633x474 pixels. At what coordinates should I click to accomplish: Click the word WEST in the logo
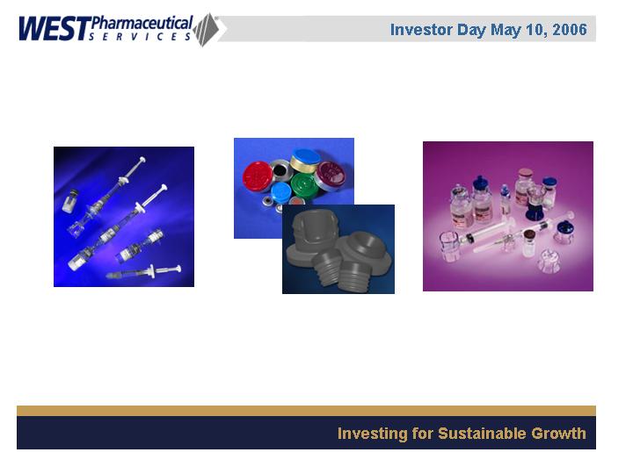click(x=54, y=29)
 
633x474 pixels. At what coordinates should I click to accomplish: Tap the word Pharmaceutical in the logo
click(x=142, y=23)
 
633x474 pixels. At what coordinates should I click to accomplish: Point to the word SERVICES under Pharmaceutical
click(x=140, y=37)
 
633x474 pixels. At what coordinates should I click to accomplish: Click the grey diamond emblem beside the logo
click(x=207, y=30)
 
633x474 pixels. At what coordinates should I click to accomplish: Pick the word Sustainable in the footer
click(x=482, y=434)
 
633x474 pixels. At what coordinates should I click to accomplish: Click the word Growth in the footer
click(x=558, y=434)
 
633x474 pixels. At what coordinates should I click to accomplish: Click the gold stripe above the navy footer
click(x=306, y=411)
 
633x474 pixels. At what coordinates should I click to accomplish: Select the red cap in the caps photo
click(x=258, y=176)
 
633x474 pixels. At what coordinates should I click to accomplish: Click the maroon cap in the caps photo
click(x=331, y=174)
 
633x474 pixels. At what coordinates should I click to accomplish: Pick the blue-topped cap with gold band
click(x=305, y=161)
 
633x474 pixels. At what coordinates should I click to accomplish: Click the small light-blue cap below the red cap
click(x=281, y=192)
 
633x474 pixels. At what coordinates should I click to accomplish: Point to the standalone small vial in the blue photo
click(x=70, y=201)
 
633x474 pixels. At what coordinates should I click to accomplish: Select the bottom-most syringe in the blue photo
click(x=143, y=272)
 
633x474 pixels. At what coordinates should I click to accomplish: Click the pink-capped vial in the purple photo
click(x=524, y=185)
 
